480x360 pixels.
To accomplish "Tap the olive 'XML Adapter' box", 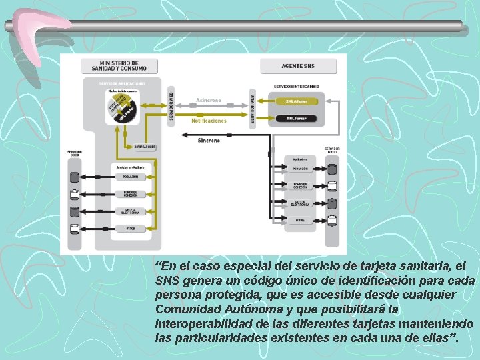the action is coord(296,101).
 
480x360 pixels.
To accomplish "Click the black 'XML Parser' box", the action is coord(296,118).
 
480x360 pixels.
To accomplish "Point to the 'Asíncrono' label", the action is coord(209,100).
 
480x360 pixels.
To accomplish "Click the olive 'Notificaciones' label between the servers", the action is coord(209,121).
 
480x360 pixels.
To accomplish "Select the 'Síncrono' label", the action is coord(209,140).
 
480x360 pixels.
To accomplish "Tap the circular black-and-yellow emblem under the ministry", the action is coord(122,107).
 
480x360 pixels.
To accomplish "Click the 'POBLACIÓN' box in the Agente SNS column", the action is coord(300,169).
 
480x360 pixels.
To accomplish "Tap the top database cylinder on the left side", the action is coord(75,177).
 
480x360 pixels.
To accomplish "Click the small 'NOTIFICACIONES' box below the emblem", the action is coord(144,146).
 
